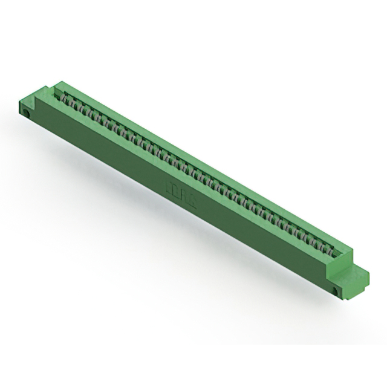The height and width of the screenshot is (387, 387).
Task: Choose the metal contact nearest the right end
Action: (x=330, y=249)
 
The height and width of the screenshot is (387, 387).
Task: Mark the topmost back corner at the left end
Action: (x=61, y=80)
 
